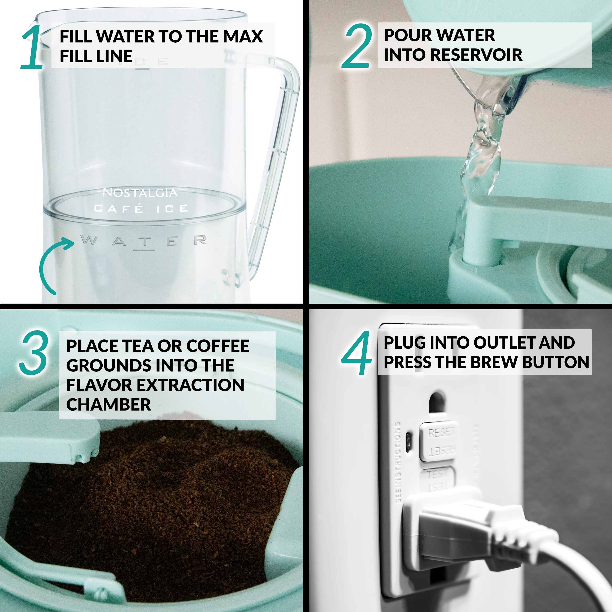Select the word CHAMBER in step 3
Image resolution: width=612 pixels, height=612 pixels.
coord(109,405)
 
